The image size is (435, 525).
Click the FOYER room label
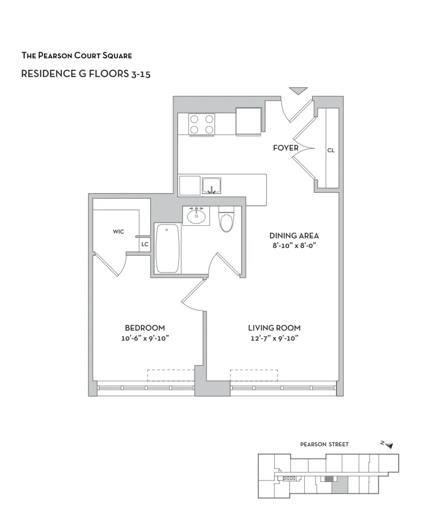point(285,148)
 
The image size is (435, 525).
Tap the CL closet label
point(330,150)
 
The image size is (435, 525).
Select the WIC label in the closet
point(118,232)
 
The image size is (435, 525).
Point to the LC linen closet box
point(145,245)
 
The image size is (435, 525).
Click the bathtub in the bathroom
point(168,248)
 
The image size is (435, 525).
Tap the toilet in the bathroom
point(226,220)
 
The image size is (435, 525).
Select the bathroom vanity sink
point(196,216)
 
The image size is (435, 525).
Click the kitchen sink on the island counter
point(212,186)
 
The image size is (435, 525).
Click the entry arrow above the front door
point(298,91)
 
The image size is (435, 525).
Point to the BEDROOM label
point(144,328)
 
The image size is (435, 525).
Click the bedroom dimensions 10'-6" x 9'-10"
point(144,338)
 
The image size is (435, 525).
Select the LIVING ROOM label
point(274,328)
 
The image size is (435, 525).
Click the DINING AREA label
point(294,236)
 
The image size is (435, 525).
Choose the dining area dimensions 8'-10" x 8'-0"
point(294,245)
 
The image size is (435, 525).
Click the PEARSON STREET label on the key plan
point(324,444)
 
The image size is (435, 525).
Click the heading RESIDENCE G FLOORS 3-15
point(86,74)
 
